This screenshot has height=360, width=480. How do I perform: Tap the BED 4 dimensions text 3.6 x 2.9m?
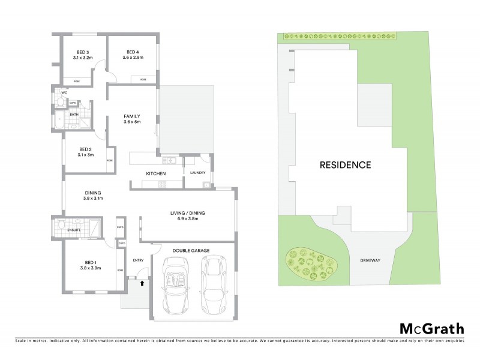(130, 58)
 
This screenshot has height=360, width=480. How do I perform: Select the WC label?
(64, 93)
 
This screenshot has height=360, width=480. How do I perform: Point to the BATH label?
(74, 114)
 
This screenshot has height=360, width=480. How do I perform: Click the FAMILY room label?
(132, 116)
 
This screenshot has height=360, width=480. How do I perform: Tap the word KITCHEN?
(156, 173)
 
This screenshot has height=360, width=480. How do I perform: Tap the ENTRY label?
(138, 260)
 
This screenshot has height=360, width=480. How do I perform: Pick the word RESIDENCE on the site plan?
(345, 164)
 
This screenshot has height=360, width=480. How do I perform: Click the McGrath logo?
(431, 328)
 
